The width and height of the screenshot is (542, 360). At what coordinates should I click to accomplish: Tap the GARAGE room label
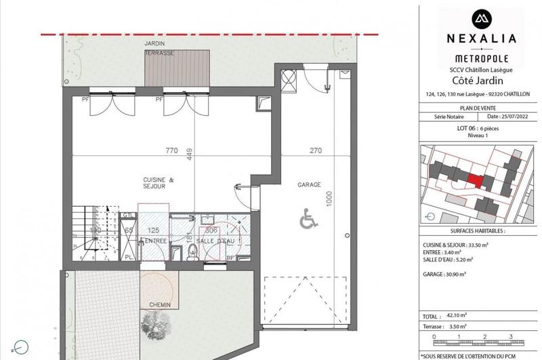tap(308, 184)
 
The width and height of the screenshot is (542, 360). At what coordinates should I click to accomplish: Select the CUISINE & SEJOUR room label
tap(159, 184)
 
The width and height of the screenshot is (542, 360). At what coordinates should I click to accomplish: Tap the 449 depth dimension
tap(191, 156)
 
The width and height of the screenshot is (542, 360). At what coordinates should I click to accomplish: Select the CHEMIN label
tap(155, 304)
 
